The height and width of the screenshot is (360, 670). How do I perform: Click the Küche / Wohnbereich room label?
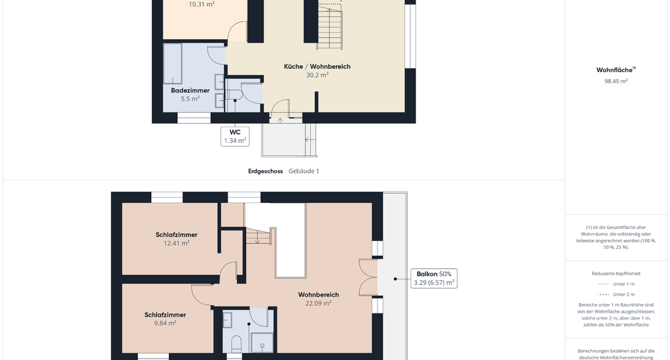317,67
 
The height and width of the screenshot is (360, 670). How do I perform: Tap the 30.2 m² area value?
317,75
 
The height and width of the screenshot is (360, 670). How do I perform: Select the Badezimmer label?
190,90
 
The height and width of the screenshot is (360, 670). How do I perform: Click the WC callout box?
235,136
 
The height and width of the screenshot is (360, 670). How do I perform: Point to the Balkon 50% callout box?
434,278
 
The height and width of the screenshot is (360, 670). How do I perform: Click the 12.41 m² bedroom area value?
177,243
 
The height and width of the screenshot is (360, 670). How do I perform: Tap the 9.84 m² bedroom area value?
165,323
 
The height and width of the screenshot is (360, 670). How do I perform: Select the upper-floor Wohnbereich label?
319,295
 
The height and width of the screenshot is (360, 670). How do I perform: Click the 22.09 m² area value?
319,304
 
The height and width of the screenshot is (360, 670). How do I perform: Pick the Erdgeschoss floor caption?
266,171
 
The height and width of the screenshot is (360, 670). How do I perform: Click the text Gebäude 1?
304,171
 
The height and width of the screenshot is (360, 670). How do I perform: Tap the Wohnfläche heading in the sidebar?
616,69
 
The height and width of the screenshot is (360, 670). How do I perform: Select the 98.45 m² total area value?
616,81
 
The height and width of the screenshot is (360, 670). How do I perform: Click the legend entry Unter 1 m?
624,284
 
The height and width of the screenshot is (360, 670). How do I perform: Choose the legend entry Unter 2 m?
624,294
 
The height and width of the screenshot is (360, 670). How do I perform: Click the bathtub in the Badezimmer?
173,63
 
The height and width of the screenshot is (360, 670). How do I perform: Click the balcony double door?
368,278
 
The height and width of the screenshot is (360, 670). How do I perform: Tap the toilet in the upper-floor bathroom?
236,344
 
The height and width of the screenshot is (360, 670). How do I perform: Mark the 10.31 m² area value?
202,5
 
